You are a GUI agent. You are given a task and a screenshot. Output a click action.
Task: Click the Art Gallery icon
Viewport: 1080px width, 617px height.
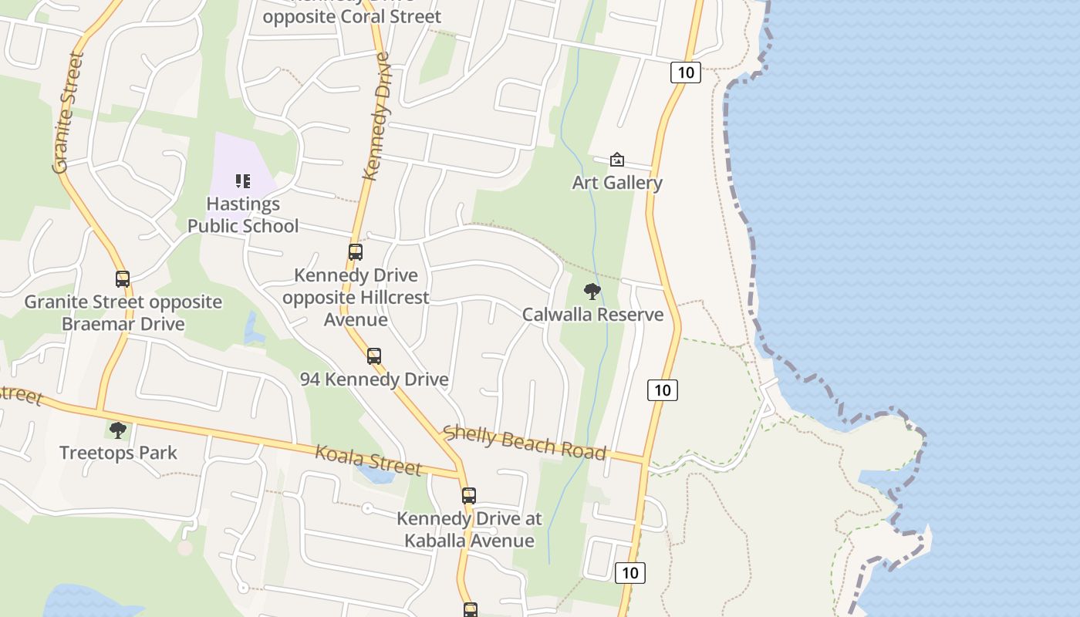coord(617,160)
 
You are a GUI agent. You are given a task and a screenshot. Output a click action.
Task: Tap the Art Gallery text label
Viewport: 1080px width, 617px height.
coord(617,183)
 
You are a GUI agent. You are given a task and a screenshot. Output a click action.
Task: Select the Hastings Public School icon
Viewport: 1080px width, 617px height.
coord(243,181)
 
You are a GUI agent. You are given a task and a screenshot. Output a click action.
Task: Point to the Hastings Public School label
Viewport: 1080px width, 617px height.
coord(243,215)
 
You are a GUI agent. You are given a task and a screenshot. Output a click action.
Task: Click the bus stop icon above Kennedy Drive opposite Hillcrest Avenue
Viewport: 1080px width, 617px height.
coord(356,252)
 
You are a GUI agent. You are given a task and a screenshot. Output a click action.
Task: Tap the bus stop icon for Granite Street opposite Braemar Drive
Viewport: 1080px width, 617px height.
coord(123,279)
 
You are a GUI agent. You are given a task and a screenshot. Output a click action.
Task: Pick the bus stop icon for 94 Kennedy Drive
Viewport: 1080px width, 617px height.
coord(374,356)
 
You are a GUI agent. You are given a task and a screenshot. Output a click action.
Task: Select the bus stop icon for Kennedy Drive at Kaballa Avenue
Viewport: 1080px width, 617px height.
coord(469,496)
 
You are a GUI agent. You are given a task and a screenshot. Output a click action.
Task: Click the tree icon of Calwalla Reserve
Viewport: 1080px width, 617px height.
coord(592,292)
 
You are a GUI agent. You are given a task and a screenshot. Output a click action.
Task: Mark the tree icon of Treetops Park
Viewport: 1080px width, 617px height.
coord(118,430)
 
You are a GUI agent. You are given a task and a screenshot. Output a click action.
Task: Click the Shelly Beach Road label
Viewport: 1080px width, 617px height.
coord(525,443)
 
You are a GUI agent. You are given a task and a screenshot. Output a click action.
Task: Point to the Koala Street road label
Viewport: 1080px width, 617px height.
coord(369,460)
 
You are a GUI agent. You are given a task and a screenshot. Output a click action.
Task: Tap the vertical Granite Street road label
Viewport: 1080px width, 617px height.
coord(68,112)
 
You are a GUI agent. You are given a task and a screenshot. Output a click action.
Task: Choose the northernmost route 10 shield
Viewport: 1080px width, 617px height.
coord(685,73)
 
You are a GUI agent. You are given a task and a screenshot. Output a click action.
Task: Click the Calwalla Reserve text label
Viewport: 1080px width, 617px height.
coord(592,315)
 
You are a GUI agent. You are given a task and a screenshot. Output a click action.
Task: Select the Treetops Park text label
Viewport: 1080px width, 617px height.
coord(118,453)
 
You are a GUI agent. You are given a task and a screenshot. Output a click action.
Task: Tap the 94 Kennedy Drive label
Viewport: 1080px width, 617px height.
coord(374,379)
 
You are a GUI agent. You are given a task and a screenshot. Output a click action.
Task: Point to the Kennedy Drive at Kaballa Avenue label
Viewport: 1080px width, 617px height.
coord(469,530)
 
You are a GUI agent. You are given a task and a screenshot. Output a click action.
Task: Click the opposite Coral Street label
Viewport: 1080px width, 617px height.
coord(352,16)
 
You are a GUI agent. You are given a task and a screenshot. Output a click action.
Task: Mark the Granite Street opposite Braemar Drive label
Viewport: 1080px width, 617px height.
coord(123,312)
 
